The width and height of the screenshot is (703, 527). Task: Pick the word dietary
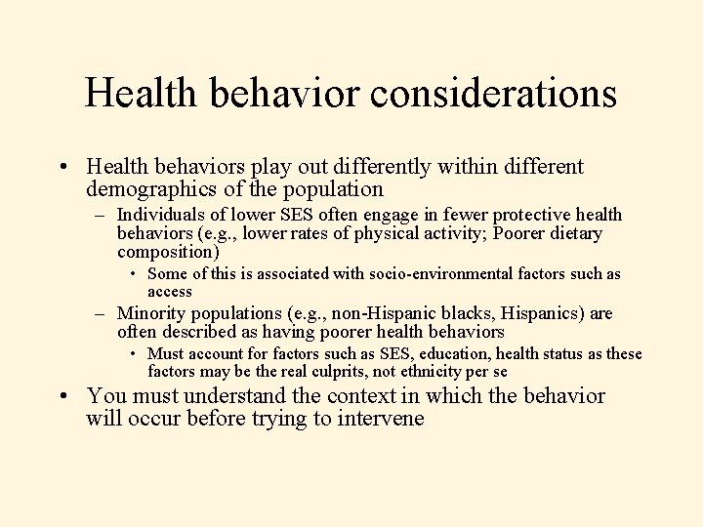coord(574,233)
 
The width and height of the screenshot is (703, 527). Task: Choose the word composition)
coord(168,252)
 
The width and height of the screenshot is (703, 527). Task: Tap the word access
coord(170,292)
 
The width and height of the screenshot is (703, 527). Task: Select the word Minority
coord(150,313)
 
